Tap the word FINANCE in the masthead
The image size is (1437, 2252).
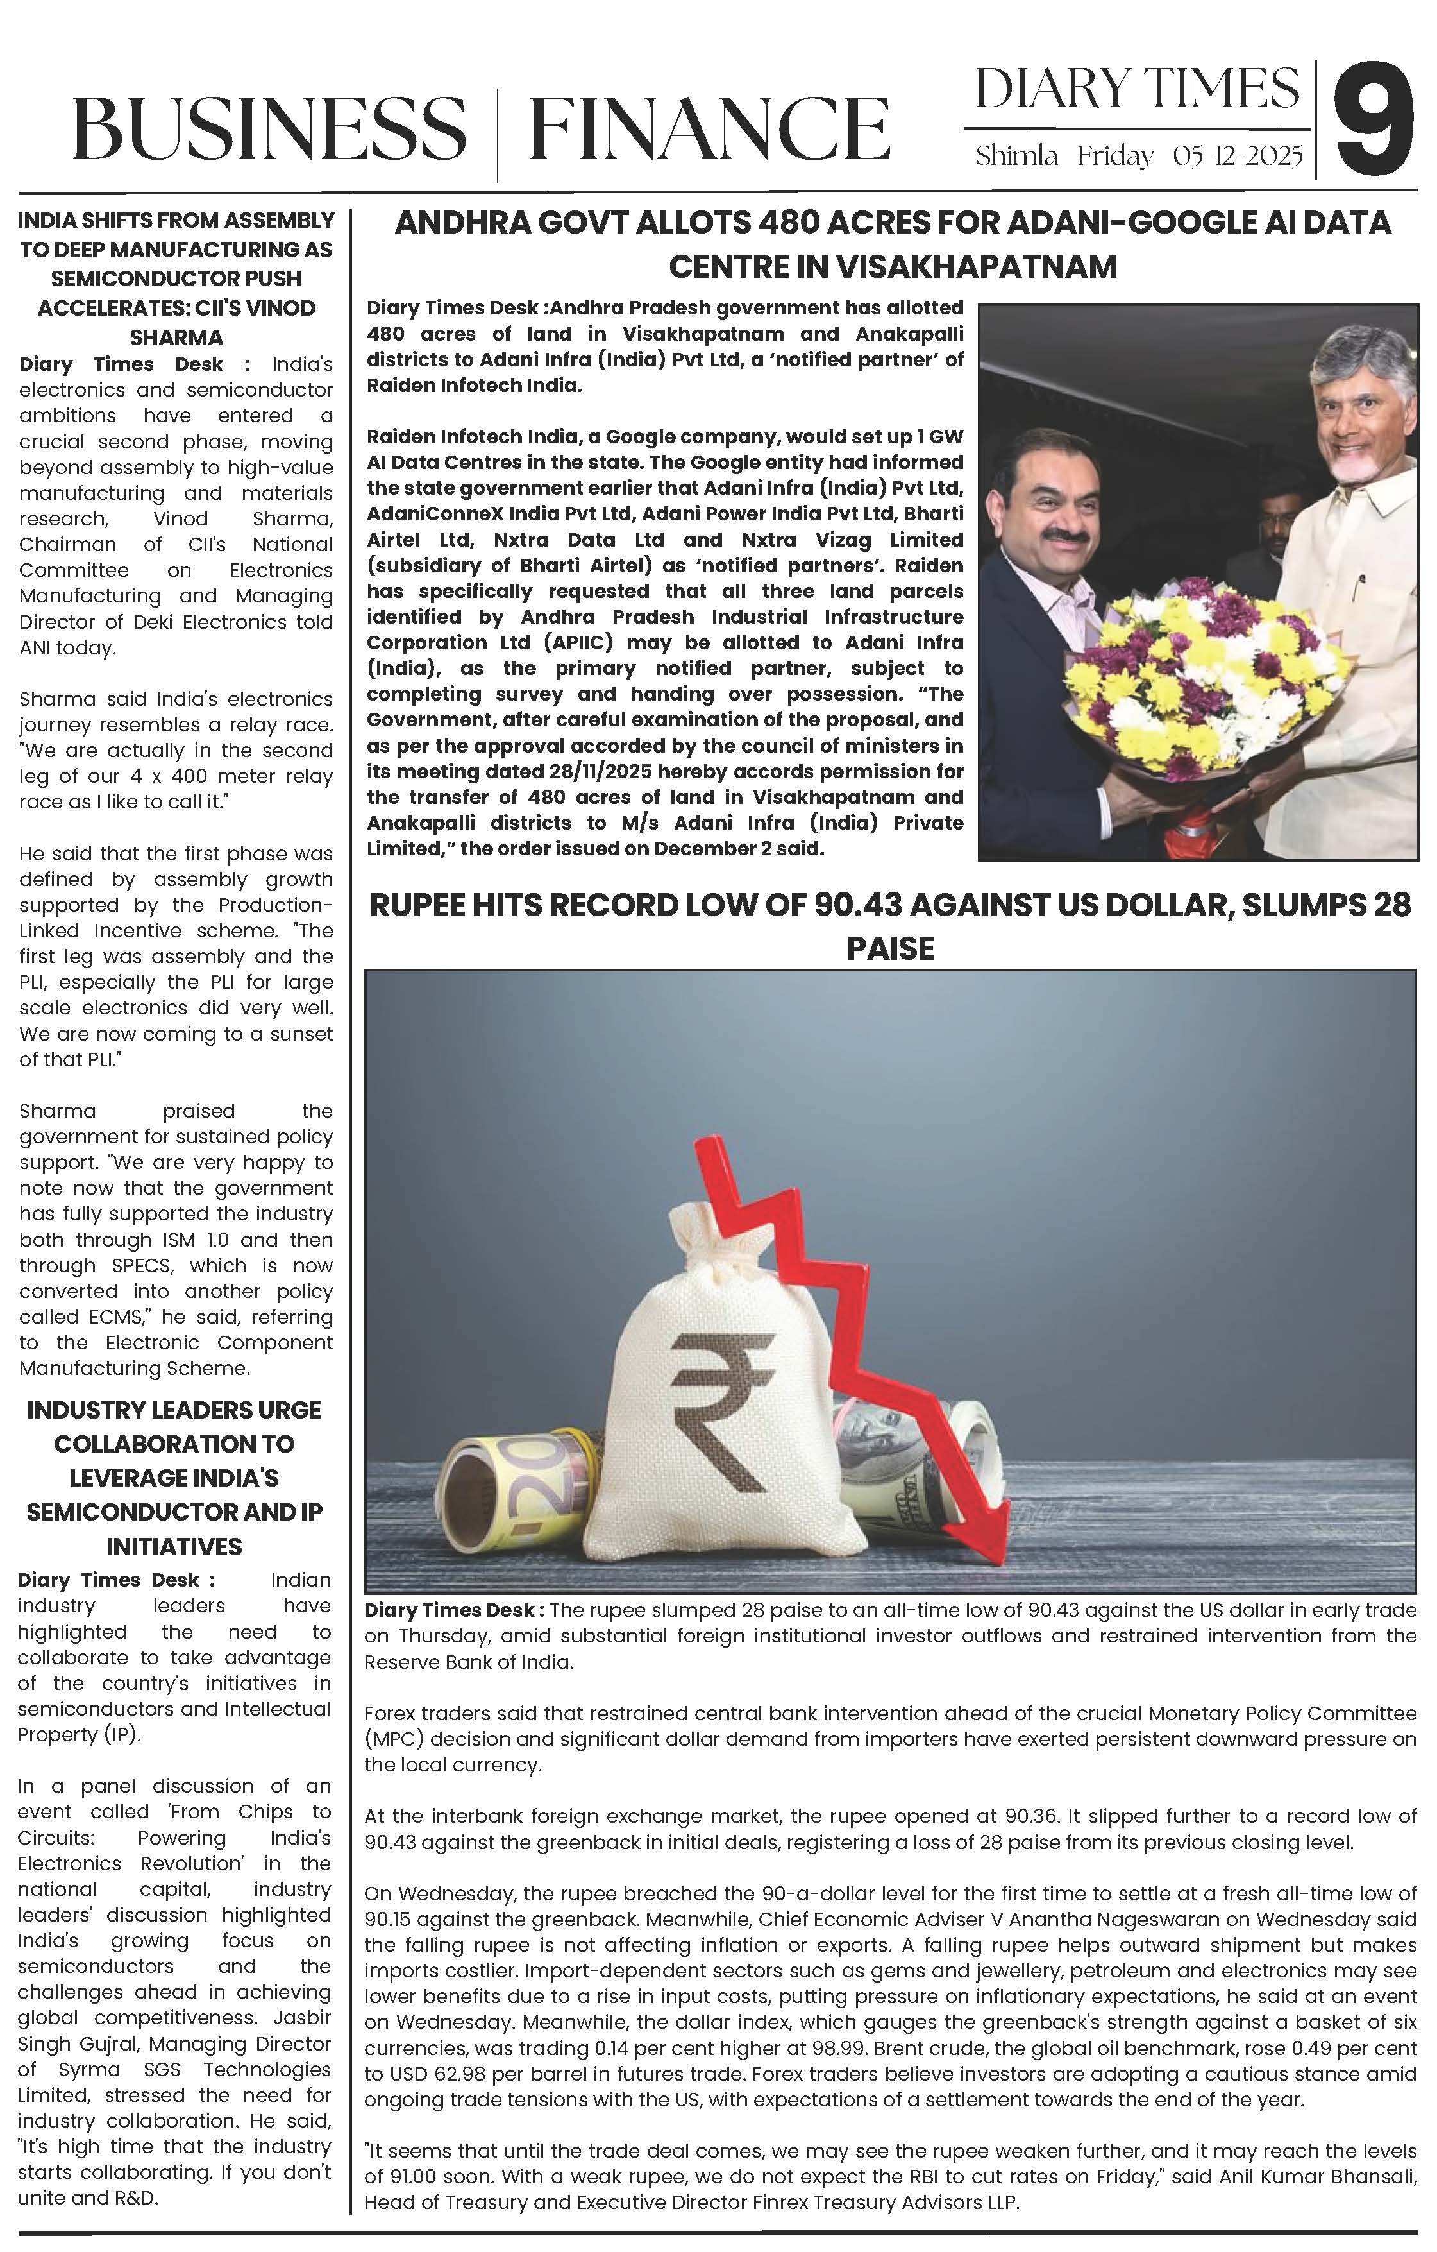[x=709, y=128]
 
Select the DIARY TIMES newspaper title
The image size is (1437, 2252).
[x=1136, y=88]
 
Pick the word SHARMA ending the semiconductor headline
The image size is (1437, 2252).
[x=176, y=337]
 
